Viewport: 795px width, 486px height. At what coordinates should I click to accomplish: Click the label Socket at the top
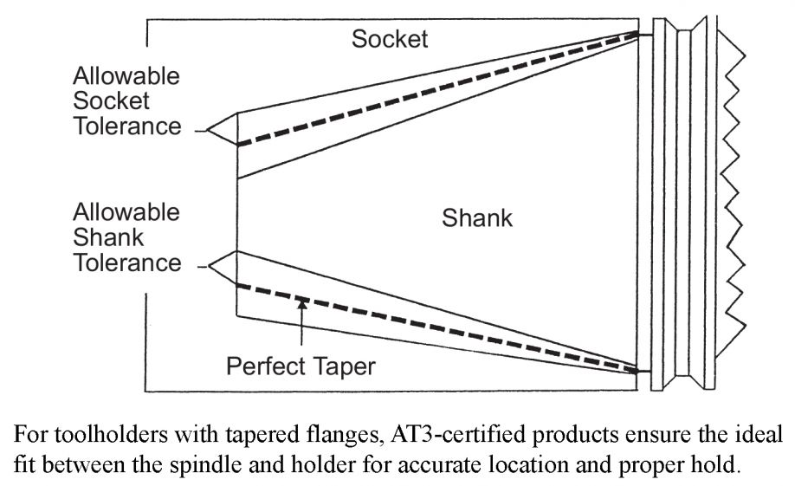[x=390, y=39]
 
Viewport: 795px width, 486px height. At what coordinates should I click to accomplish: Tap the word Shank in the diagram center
[x=477, y=217]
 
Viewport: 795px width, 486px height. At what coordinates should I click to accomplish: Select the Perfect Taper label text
[x=301, y=366]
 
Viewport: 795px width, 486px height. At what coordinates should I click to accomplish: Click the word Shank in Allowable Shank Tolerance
[x=108, y=237]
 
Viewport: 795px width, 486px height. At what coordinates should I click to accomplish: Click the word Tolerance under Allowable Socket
[x=126, y=126]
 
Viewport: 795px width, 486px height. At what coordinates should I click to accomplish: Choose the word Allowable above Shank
[x=126, y=212]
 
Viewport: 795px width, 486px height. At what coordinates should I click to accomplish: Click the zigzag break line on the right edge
[x=734, y=191]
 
